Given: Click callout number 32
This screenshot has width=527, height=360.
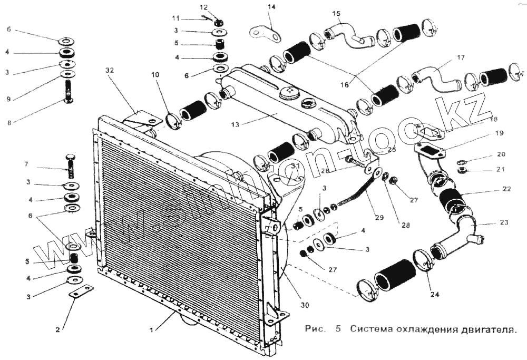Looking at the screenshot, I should [109, 70].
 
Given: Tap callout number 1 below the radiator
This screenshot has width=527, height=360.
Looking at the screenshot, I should [151, 330].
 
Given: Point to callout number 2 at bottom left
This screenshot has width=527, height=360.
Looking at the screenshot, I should [57, 330].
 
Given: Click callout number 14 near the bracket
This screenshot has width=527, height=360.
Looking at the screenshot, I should [271, 7].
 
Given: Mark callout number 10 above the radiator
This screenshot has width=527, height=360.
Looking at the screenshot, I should [155, 75].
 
